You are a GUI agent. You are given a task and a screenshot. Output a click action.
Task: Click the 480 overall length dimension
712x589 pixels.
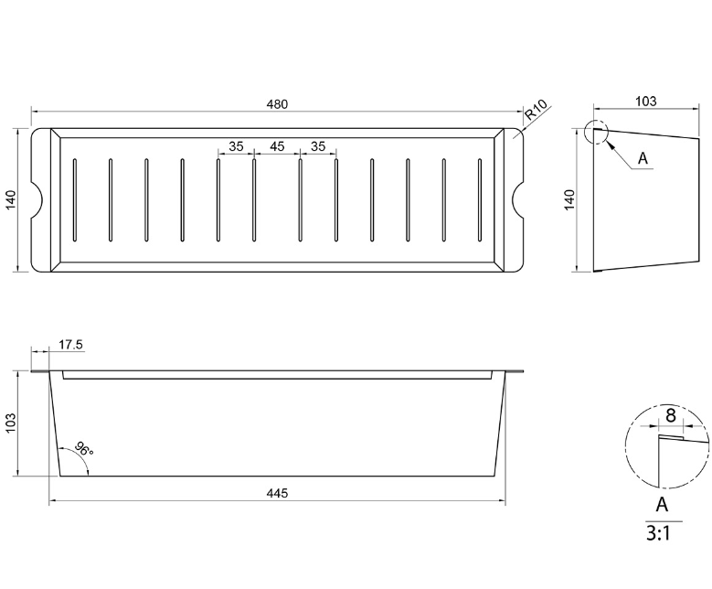277,104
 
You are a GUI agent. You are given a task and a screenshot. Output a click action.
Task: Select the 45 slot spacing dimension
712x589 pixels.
277,146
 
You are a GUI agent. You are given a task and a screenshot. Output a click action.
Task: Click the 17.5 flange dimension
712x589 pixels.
70,345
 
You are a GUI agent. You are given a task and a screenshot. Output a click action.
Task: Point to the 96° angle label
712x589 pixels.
83,450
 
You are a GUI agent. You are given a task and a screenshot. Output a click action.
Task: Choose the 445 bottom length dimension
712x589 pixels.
277,493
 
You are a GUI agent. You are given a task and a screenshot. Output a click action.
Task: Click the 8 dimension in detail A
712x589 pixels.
670,416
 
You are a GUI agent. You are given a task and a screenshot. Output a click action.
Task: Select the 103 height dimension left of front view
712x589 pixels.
12,423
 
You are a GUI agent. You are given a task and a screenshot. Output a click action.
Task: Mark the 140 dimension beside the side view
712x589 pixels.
569,200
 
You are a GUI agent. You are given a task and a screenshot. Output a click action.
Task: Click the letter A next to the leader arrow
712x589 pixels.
643,158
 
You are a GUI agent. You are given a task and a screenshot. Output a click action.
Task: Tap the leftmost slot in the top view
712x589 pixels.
74,201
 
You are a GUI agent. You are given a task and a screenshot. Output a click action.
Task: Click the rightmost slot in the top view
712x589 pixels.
479,201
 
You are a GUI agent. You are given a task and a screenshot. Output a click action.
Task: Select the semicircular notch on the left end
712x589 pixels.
37,200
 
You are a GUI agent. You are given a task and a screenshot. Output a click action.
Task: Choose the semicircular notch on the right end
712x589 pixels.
515,200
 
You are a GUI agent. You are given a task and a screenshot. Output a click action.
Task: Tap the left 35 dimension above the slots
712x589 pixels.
236,146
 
